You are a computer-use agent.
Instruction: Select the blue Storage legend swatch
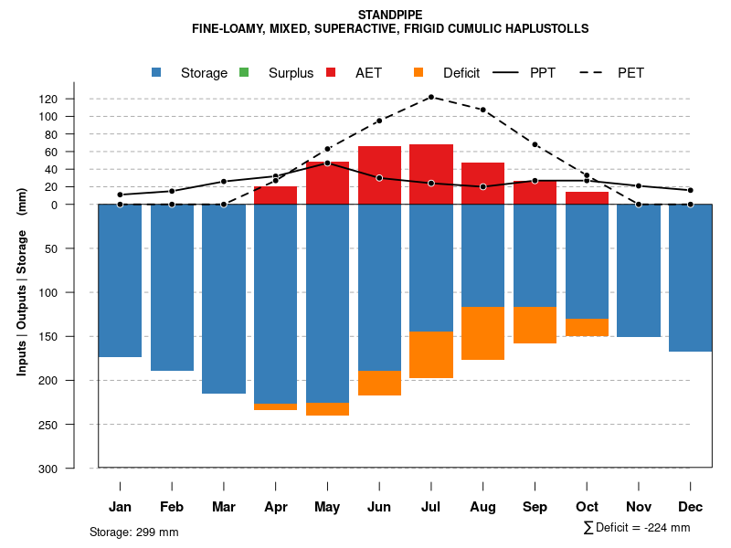157,72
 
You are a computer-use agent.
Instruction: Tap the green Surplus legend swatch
243,72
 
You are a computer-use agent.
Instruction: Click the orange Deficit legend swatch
418,72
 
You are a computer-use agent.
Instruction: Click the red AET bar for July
431,174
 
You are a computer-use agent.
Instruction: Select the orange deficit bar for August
483,333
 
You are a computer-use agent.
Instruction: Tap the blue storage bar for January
120,280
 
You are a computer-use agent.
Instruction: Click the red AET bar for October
587,198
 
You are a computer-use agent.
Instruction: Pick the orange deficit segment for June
379,383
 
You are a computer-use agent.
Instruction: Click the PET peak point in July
431,97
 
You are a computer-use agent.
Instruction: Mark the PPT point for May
327,163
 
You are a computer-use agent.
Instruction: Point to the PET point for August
483,110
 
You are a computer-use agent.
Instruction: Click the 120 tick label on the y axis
74,99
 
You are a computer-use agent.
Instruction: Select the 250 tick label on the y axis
74,425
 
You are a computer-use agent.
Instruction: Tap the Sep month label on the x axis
535,507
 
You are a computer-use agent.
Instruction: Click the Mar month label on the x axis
224,507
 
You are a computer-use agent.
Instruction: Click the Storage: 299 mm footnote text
133,532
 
